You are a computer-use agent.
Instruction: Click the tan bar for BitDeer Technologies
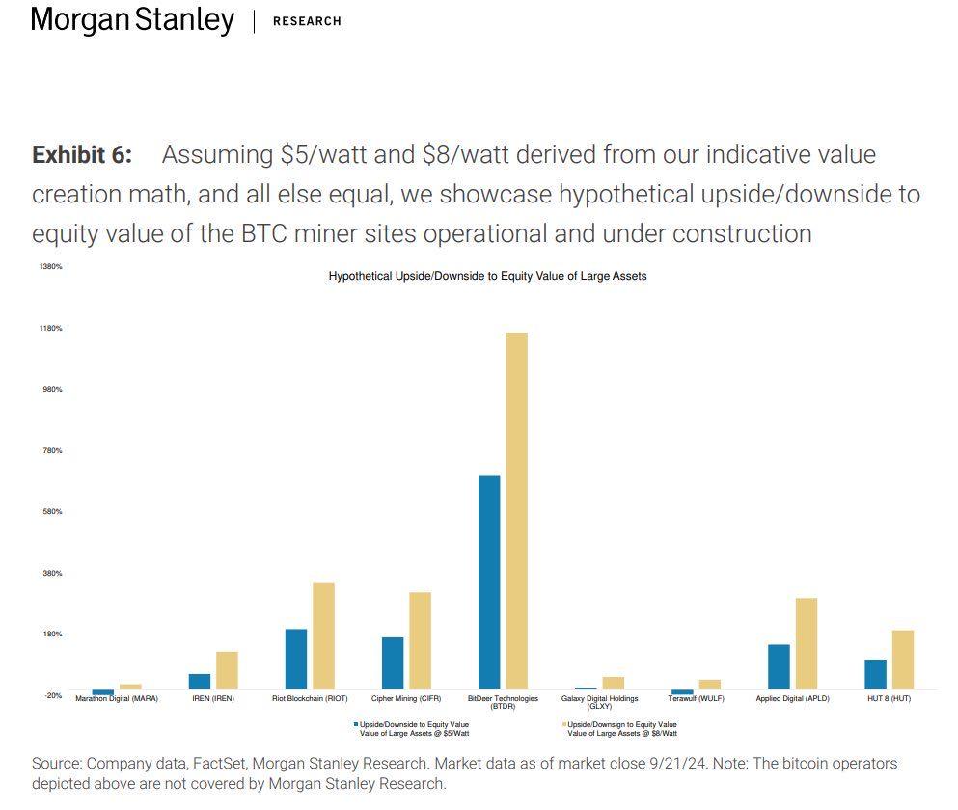tap(516, 511)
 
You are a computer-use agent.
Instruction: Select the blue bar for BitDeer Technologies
tap(489, 582)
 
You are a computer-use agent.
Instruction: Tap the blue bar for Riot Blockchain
tap(296, 659)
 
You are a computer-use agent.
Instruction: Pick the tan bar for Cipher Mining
tap(420, 640)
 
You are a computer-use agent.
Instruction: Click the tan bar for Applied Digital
tap(806, 643)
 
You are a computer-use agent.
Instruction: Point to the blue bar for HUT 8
tap(875, 674)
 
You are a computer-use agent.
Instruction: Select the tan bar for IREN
tap(227, 670)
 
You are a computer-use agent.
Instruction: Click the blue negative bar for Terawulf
tap(682, 692)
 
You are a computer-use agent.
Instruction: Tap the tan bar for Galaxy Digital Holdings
tap(613, 683)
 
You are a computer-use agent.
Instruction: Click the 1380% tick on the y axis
tap(50, 266)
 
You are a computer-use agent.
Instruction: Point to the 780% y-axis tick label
tap(52, 450)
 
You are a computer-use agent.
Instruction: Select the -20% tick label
tap(52, 695)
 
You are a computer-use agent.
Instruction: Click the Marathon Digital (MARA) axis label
tap(117, 698)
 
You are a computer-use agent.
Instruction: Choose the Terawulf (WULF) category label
tap(696, 698)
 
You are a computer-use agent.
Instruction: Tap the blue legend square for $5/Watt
tap(355, 724)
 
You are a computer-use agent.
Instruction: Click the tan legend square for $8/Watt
tap(563, 724)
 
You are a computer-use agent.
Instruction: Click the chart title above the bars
tap(487, 276)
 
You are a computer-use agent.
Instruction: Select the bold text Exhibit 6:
tap(82, 155)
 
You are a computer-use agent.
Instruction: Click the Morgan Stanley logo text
tap(132, 20)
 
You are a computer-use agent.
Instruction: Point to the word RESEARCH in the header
tap(307, 21)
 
